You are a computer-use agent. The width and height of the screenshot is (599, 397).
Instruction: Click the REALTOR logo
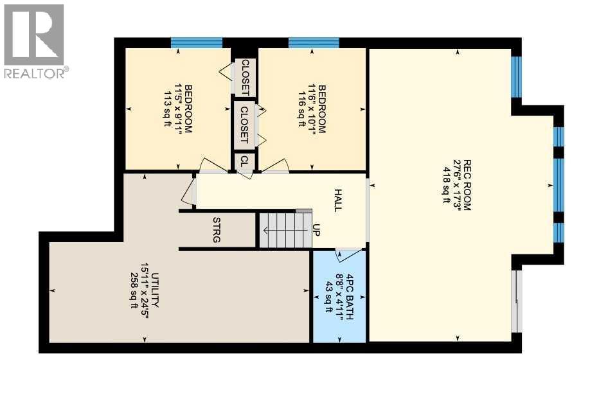click(x=33, y=41)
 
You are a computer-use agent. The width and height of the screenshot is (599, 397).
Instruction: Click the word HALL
click(x=338, y=200)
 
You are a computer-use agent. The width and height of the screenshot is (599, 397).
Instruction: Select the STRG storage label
click(x=217, y=230)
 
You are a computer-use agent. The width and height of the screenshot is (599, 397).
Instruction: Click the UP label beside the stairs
click(x=316, y=229)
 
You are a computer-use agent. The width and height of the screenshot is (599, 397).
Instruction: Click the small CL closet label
click(x=244, y=162)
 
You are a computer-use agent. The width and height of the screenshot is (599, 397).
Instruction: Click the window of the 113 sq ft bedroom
click(x=196, y=43)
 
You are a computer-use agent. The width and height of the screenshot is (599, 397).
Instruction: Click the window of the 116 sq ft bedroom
click(x=314, y=43)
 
